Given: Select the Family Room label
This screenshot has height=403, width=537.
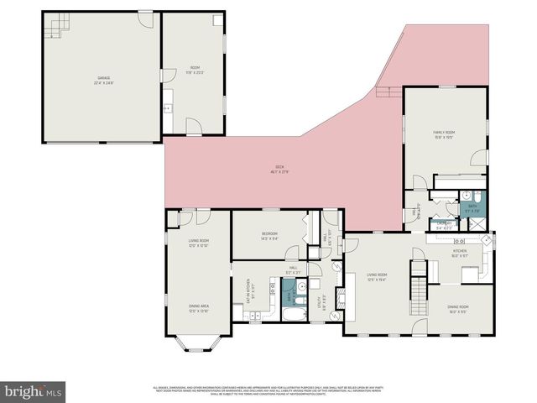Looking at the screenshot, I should (444, 133).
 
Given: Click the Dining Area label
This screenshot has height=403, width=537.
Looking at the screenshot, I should (198, 307).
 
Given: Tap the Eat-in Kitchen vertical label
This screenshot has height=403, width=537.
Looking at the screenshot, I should (248, 291).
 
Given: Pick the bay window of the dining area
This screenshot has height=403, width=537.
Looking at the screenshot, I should (199, 343).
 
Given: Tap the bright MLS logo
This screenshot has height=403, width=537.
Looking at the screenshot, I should (34, 390).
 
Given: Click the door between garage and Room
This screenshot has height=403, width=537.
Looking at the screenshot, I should (161, 76).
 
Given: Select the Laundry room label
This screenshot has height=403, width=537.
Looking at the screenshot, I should (445, 225).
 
